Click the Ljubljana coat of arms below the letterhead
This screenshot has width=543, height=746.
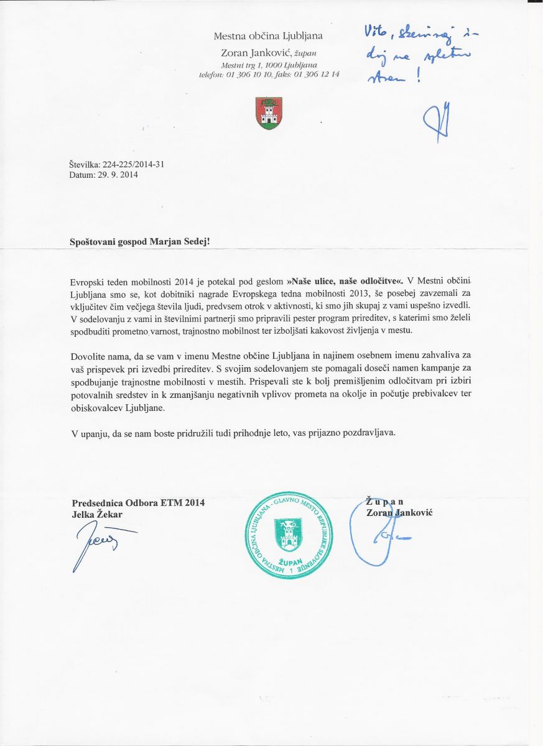[269, 113]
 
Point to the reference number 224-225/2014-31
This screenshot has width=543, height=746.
[133, 165]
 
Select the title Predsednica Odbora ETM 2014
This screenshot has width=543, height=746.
[138, 503]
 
